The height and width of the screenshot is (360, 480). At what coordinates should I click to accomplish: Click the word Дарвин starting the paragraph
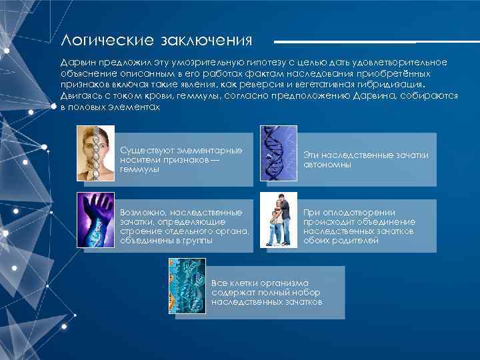76,62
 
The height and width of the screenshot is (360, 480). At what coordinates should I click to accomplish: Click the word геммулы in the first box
139,169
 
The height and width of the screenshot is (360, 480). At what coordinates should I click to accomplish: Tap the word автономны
327,164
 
